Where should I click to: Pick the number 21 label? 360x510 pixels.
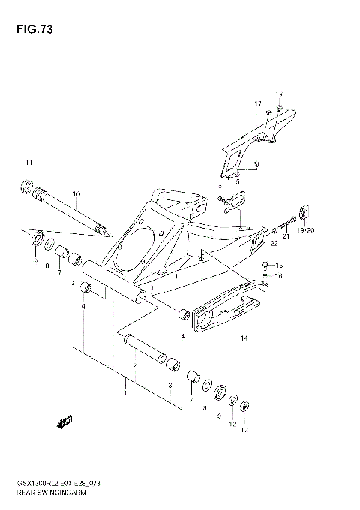point(285,236)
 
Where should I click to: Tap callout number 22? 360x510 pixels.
point(274,244)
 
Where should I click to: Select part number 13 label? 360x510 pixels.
point(244,430)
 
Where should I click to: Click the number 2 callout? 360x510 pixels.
point(134,366)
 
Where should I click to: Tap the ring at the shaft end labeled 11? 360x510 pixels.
point(26,186)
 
